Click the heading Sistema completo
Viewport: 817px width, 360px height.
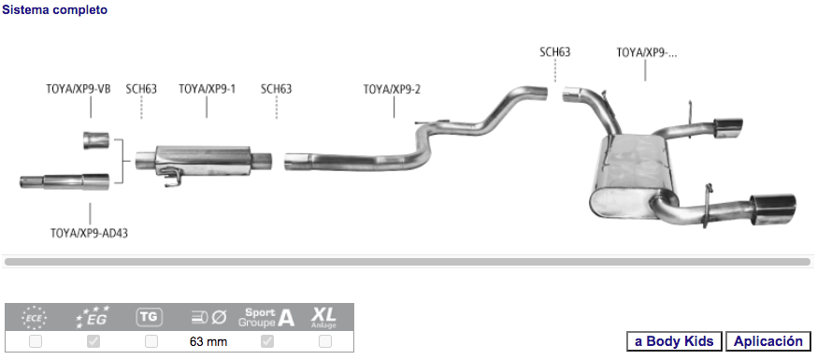[55, 10]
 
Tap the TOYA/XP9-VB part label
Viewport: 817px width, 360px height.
[79, 89]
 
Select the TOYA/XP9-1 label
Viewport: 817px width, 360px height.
[207, 89]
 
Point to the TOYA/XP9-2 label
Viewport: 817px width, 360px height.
[392, 89]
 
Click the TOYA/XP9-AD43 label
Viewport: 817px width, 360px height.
[89, 233]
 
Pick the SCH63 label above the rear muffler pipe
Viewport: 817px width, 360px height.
[555, 52]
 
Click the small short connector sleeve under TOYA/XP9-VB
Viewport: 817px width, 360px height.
[96, 140]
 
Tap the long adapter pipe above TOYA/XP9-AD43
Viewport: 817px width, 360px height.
[64, 181]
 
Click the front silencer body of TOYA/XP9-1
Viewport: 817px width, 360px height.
[203, 161]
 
